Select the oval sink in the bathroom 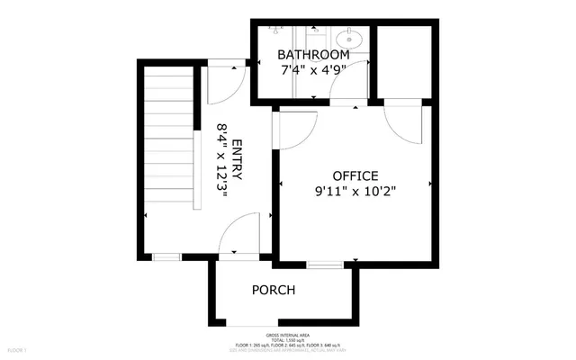pos(349,40)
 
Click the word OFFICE pos(355,175)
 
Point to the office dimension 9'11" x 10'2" pos(355,191)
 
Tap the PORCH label pos(274,290)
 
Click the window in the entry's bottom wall pos(166,257)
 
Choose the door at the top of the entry pos(220,85)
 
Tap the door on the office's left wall pos(291,131)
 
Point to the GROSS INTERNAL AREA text pos(288,334)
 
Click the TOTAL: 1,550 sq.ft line pos(288,340)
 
